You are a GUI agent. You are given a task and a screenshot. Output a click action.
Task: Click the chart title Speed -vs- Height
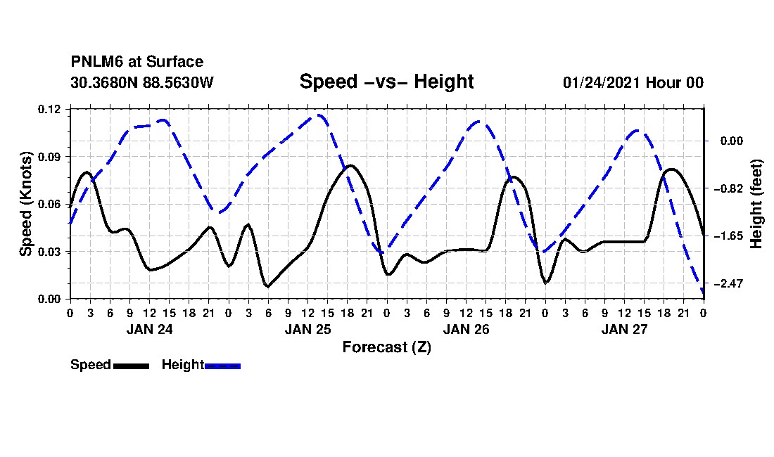click(386, 82)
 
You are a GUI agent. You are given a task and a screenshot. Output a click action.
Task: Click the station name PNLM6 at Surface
click(137, 62)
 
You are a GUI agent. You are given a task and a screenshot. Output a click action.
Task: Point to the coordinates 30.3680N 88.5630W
click(142, 82)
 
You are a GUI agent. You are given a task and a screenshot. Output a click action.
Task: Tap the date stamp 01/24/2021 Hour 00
click(633, 82)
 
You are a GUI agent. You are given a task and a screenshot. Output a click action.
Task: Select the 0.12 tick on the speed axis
click(49, 110)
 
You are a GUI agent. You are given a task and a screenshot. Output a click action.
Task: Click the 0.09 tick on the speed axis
click(49, 157)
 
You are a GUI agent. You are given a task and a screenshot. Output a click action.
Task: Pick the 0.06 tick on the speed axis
click(49, 205)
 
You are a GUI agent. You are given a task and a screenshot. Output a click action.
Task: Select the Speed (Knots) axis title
click(25, 204)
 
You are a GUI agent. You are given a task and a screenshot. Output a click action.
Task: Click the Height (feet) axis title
click(756, 204)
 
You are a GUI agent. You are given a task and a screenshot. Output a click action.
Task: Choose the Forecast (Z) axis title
click(387, 347)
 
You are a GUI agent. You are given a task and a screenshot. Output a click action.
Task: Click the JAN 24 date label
click(150, 329)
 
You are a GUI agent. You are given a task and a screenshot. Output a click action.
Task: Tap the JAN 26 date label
click(466, 329)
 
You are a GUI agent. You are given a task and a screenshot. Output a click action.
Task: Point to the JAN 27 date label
click(624, 329)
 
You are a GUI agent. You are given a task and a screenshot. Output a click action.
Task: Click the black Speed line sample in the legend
click(132, 366)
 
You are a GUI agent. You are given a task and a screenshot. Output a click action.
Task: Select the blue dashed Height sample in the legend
click(222, 366)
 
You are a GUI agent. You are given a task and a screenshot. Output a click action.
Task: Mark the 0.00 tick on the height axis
click(732, 141)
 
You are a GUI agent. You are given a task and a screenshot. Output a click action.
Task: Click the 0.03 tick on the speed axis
click(49, 252)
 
